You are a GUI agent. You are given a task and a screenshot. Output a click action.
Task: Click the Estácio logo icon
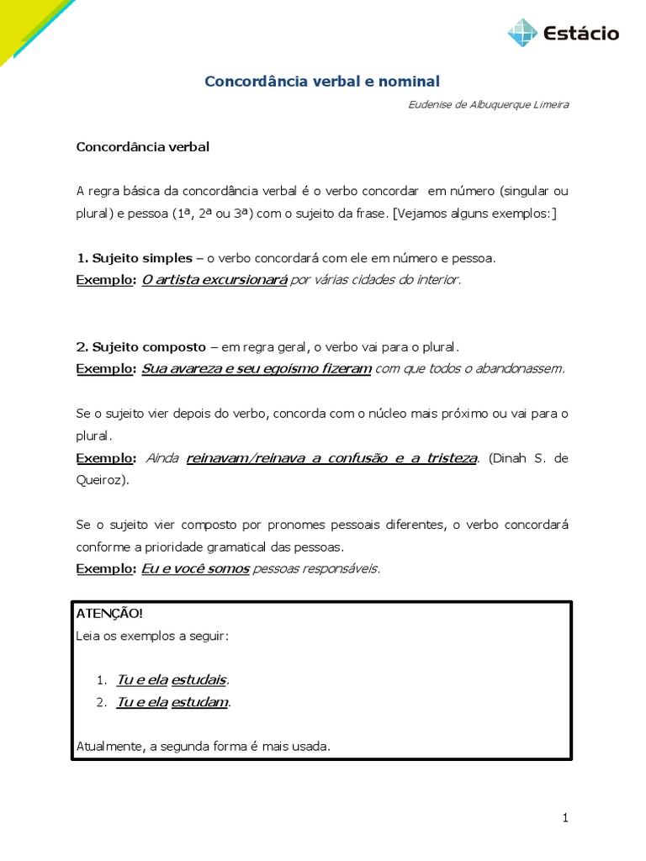click(x=522, y=33)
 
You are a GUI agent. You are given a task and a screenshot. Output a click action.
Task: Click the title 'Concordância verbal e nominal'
click(x=322, y=82)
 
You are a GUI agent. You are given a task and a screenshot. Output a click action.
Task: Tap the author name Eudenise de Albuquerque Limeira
click(x=488, y=105)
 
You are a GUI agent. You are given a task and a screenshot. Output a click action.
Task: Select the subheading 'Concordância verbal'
click(x=142, y=146)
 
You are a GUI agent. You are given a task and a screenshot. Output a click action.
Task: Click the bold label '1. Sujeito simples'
click(x=134, y=258)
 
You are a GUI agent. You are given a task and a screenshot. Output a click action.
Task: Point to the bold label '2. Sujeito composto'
click(x=140, y=346)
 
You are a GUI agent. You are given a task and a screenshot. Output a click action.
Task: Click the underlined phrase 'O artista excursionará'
click(x=214, y=280)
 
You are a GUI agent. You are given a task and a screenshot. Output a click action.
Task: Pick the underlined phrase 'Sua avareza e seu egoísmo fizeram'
click(x=257, y=368)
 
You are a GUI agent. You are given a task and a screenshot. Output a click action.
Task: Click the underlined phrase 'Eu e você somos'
click(x=195, y=568)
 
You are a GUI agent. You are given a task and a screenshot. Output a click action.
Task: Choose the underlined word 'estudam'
click(x=199, y=702)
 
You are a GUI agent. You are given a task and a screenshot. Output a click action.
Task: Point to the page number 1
click(x=566, y=817)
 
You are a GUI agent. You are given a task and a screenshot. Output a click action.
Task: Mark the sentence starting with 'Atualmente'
click(x=203, y=745)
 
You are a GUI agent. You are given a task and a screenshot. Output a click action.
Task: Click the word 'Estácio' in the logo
click(x=581, y=34)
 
